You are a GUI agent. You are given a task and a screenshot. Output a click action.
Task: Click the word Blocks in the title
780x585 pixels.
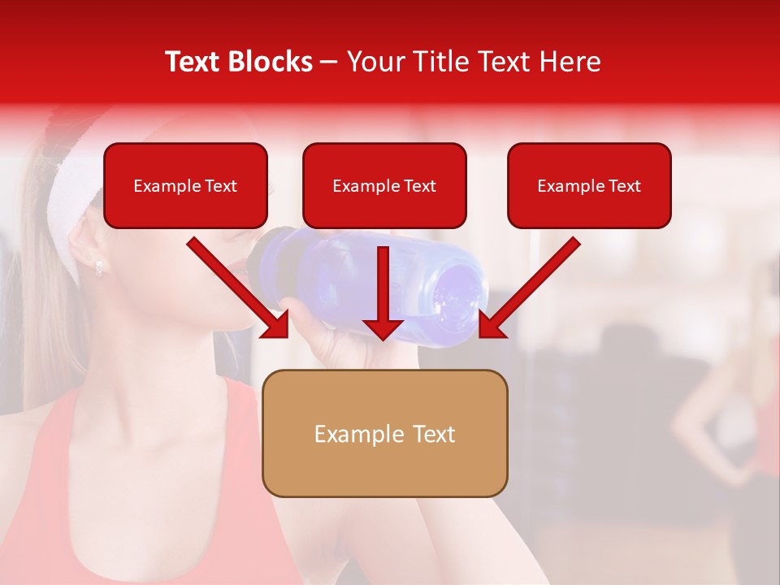271,62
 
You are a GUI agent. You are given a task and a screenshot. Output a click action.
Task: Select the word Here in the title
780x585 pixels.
568,62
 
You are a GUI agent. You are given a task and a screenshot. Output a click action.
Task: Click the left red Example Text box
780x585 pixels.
185,185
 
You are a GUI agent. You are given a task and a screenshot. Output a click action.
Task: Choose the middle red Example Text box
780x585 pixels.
384,185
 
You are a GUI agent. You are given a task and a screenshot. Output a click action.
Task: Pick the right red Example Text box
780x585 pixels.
589,185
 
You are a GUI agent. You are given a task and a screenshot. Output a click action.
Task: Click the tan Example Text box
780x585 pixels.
384,433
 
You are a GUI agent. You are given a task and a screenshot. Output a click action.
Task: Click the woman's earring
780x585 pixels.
98,265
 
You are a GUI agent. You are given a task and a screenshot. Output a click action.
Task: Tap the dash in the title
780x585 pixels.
329,63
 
